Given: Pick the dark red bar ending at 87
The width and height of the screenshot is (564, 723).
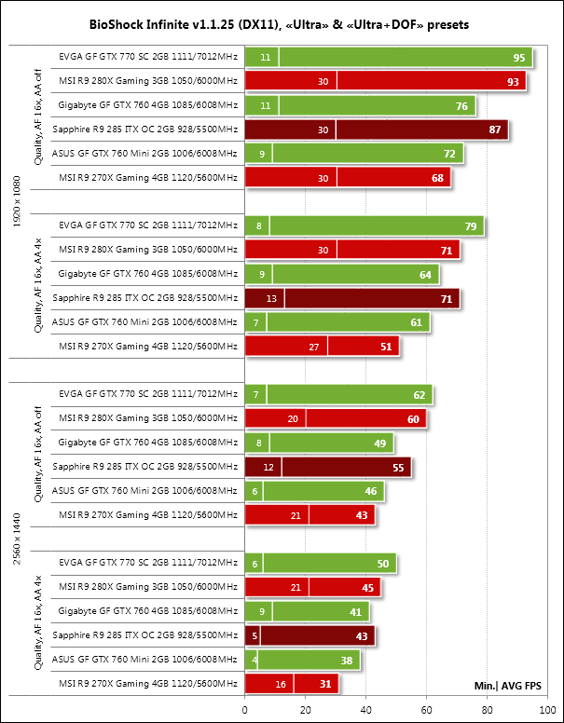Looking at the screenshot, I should pos(420,130).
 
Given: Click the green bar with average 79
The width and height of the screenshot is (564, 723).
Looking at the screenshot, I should pos(373,225).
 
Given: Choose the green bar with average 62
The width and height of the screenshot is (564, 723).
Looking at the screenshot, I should pos(345,394).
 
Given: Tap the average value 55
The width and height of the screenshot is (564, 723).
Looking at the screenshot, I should pos(398,467).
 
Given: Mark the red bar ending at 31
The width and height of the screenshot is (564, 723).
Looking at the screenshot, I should pos(315,684).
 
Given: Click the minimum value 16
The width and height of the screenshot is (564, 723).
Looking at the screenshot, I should pos(281,684).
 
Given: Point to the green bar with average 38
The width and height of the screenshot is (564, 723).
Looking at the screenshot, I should pos(308,660).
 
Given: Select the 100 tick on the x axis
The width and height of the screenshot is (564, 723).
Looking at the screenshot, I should pos(548,711).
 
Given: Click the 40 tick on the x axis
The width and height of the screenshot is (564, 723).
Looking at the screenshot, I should pos(366,711).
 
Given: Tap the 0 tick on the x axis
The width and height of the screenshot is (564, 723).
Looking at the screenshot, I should pos(245,711).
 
